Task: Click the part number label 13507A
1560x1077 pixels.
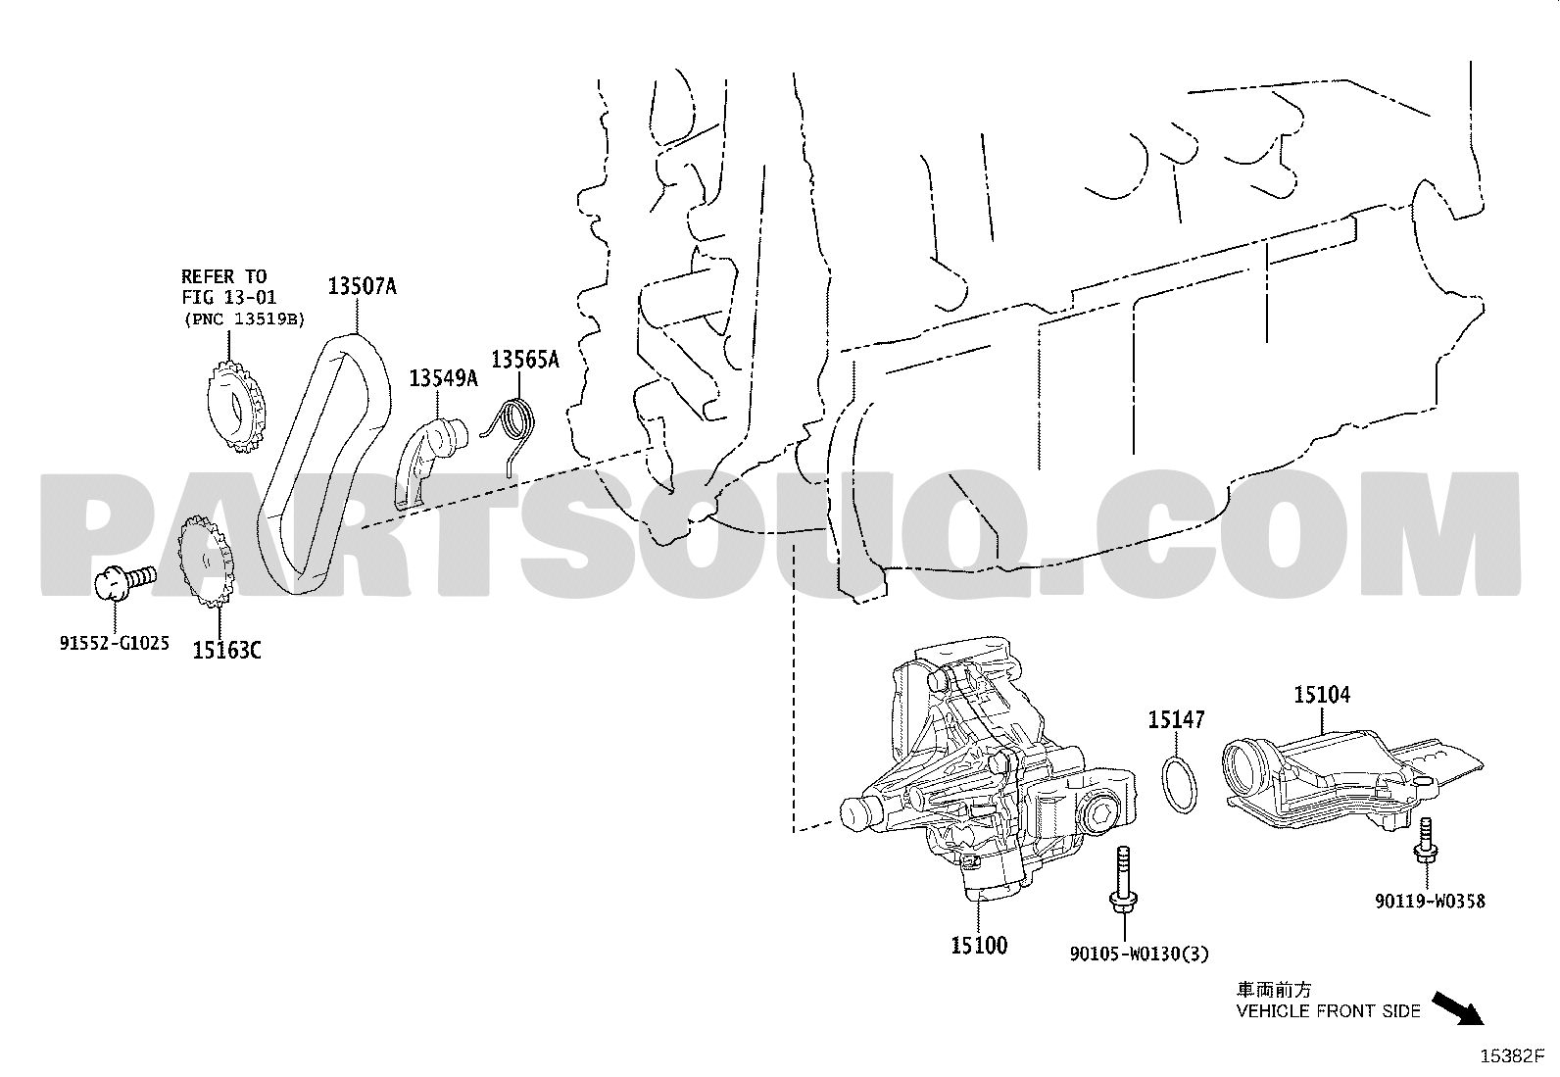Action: coord(363,286)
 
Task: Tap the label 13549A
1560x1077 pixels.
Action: coord(443,378)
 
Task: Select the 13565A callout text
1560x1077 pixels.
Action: coord(525,360)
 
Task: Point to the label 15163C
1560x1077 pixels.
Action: coord(226,651)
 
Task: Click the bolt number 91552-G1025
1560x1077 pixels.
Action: coord(115,643)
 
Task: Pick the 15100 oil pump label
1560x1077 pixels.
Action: coord(979,946)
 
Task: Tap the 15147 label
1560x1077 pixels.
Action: coord(1176,719)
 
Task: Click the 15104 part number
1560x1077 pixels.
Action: coord(1322,695)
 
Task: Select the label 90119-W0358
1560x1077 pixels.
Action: coord(1430,902)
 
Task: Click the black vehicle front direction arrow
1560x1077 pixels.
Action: coord(1458,1008)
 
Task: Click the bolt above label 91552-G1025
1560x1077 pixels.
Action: coord(125,582)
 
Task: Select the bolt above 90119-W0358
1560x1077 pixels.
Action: coord(1425,845)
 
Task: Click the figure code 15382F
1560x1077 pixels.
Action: coord(1512,1056)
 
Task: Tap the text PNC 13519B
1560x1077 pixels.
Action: coord(244,319)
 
